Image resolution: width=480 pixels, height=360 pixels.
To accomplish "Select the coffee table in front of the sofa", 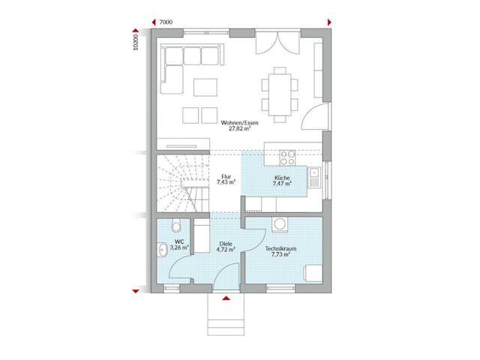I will [205, 88].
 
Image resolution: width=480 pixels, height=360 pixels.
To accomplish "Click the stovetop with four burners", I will [287, 157].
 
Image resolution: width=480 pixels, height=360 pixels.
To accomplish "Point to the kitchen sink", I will [318, 179].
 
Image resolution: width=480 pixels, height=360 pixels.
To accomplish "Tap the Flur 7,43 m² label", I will [226, 178].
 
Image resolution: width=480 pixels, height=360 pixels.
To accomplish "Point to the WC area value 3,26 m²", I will [178, 247].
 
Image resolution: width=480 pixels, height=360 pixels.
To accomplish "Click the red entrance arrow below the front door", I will [225, 299].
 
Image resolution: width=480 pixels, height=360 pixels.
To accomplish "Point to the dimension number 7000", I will [166, 22].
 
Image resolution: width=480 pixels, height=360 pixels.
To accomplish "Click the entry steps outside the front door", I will [225, 315].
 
